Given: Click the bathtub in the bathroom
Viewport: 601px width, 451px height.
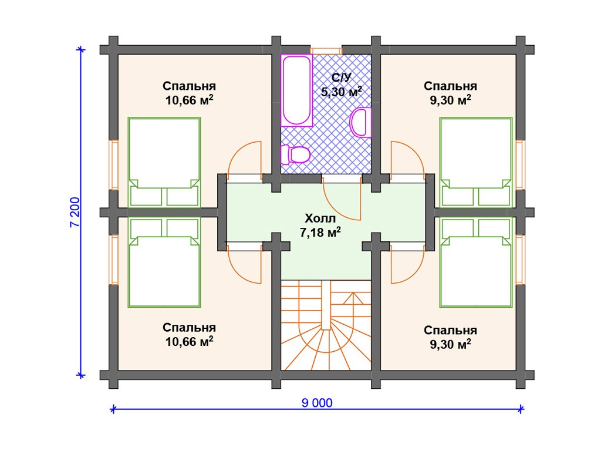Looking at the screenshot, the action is (296, 90).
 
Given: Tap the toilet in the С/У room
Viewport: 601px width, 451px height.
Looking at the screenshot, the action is (295, 154).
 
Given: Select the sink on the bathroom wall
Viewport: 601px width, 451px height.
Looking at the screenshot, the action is (361, 122).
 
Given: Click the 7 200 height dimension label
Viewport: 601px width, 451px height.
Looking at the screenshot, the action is (75, 212).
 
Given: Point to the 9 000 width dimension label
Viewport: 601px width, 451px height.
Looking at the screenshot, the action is (317, 403).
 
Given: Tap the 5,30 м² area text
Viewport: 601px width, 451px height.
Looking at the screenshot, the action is (341, 92).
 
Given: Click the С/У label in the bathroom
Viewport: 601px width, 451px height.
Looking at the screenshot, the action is (341, 78).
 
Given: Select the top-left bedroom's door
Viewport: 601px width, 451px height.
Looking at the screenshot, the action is (245, 159).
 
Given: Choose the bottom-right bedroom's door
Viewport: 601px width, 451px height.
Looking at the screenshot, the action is (407, 266).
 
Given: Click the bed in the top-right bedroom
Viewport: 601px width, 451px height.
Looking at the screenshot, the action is (476, 163).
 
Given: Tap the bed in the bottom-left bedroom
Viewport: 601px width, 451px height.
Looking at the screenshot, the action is (164, 263).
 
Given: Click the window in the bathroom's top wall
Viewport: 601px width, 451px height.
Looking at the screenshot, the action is (326, 51).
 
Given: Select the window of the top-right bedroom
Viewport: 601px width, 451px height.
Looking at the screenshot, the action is (519, 165).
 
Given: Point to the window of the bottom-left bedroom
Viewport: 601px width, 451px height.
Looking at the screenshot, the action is (114, 259).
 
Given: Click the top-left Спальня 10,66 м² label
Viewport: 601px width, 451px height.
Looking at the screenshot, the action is (190, 93).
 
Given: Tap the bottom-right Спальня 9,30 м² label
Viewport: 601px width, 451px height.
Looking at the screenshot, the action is (450, 337).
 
